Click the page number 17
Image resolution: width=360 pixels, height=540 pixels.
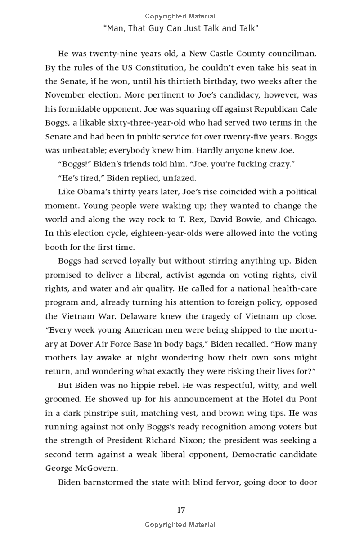tap(181, 509)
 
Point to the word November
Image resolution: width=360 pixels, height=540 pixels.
tap(66, 95)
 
